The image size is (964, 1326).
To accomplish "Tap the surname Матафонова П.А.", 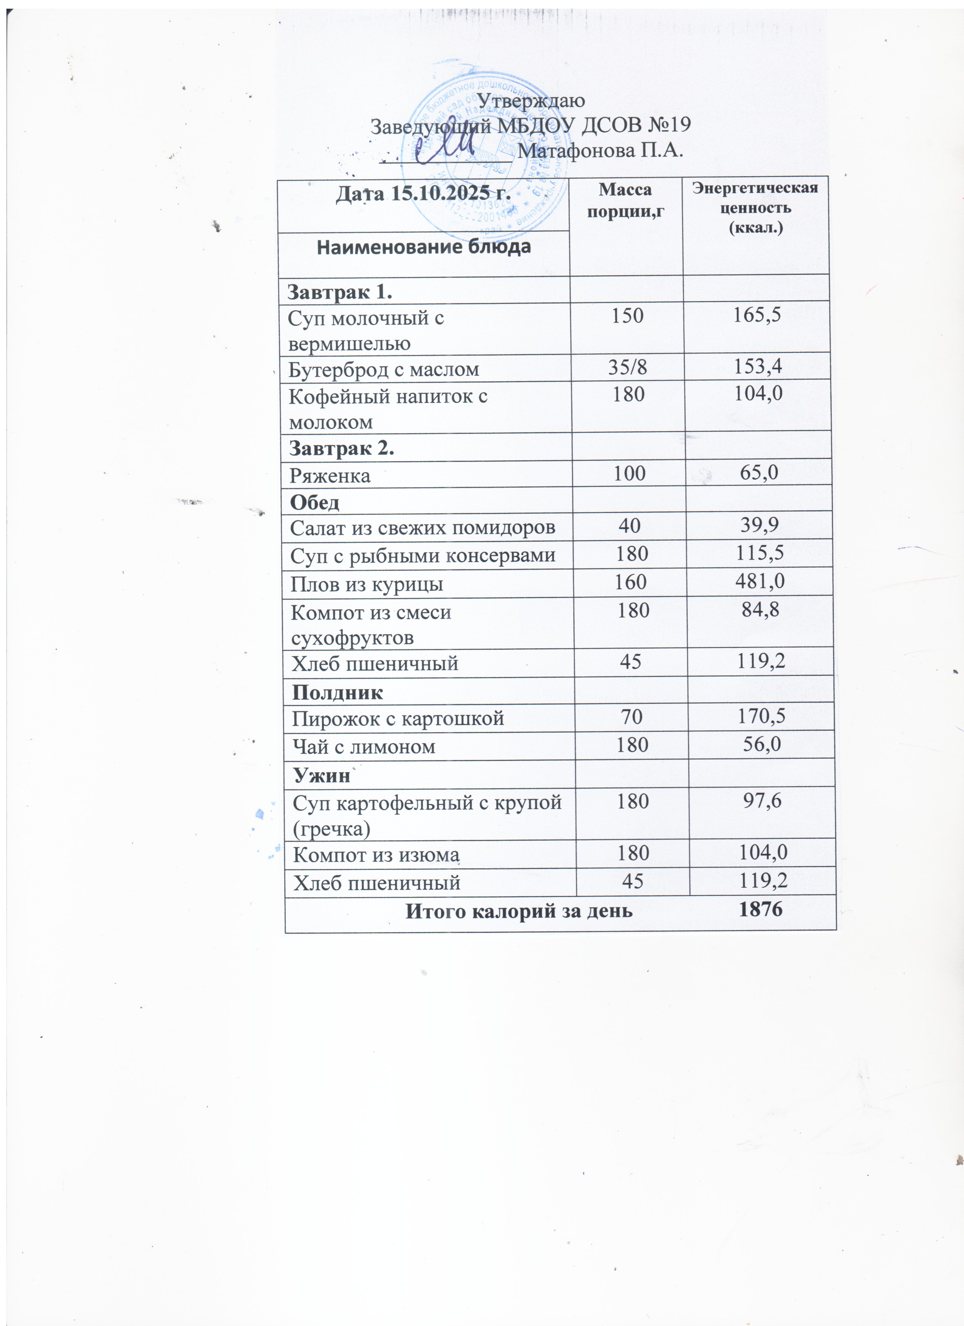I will pyautogui.click(x=600, y=150).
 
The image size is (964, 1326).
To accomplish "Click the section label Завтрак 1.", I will pyautogui.click(x=340, y=292).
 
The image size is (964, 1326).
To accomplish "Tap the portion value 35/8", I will pyautogui.click(x=627, y=367).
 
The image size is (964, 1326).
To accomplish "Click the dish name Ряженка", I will pyautogui.click(x=330, y=475).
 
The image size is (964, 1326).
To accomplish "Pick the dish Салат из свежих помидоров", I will pyautogui.click(x=422, y=528).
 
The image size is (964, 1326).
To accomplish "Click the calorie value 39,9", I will pyautogui.click(x=759, y=526).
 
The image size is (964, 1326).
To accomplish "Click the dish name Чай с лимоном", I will pyautogui.click(x=363, y=747).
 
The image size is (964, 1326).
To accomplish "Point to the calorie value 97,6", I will pyautogui.click(x=762, y=800).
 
